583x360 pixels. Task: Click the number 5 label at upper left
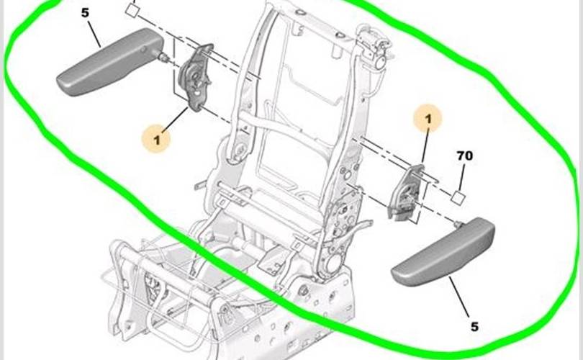(x=85, y=13)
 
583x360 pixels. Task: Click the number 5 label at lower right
(x=474, y=327)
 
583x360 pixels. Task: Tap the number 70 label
(x=465, y=156)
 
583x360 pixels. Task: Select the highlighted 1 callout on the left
(x=156, y=139)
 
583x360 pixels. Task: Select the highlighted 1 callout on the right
(x=428, y=119)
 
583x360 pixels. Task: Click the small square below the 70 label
(x=458, y=197)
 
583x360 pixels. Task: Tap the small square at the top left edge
(x=131, y=9)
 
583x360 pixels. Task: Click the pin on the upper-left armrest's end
(x=163, y=57)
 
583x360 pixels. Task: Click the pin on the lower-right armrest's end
(x=458, y=223)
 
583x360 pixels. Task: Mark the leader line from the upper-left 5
(x=94, y=34)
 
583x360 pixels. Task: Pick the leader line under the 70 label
(x=461, y=177)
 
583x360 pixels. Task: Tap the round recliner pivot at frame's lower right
(x=332, y=262)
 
